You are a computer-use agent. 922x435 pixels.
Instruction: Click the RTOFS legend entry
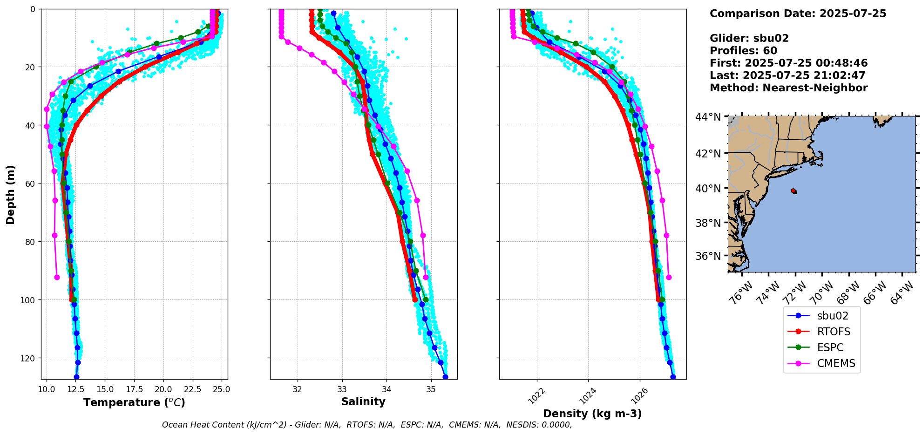pyautogui.click(x=833, y=332)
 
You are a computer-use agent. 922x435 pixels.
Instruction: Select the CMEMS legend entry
pyautogui.click(x=836, y=363)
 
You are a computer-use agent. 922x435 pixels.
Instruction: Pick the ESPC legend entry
pyautogui.click(x=830, y=347)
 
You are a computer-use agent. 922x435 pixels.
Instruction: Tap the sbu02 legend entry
pyautogui.click(x=832, y=316)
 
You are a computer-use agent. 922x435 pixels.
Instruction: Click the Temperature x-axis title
pyautogui.click(x=134, y=402)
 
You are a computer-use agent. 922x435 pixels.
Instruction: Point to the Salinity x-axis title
pyautogui.click(x=363, y=402)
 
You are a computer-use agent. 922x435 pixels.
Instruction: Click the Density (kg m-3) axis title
pyautogui.click(x=592, y=414)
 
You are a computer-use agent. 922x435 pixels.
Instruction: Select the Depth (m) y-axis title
pyautogui.click(x=10, y=194)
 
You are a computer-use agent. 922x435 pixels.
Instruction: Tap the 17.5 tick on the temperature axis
pyautogui.click(x=134, y=389)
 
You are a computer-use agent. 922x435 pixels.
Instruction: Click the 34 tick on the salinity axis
pyautogui.click(x=386, y=389)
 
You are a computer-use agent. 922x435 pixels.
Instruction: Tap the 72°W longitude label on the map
pyautogui.click(x=793, y=293)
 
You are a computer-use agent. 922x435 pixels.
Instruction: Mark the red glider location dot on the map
pyautogui.click(x=793, y=191)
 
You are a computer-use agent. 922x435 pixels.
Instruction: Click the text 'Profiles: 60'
pyautogui.click(x=743, y=51)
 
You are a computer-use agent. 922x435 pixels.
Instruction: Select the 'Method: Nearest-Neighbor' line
pyautogui.click(x=788, y=88)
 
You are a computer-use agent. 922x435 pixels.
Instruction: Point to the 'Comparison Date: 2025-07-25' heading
pyautogui.click(x=798, y=14)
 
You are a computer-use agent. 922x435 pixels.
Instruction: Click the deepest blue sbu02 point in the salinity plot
pyautogui.click(x=445, y=377)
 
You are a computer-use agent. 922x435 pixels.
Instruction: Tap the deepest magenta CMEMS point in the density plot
pyautogui.click(x=669, y=277)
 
